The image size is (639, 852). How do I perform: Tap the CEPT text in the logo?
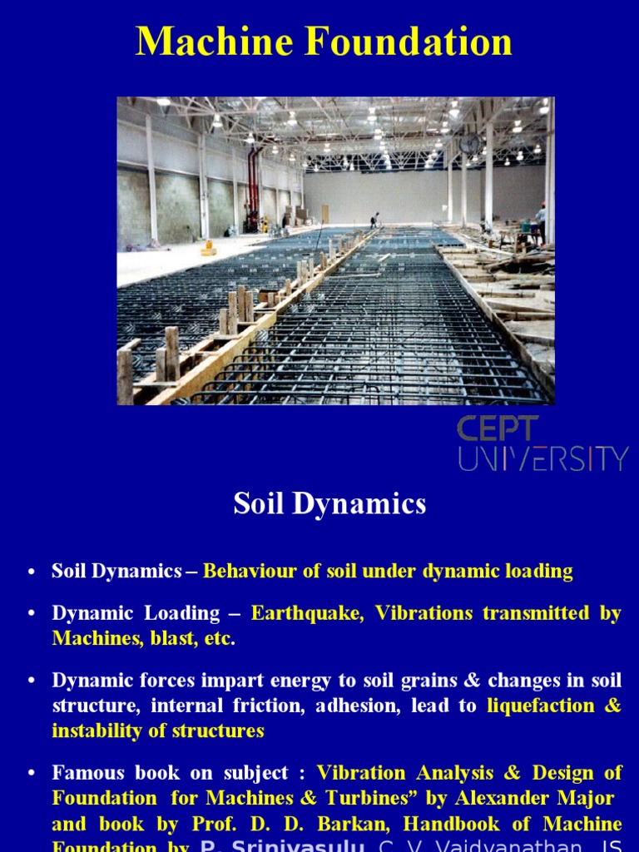(x=498, y=430)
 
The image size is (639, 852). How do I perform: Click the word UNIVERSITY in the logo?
(x=542, y=458)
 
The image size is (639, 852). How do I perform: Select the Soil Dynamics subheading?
(x=329, y=503)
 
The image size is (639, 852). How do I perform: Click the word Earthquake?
(x=307, y=613)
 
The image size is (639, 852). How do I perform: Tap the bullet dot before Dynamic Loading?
(x=32, y=614)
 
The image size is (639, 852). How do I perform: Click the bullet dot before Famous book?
(x=32, y=774)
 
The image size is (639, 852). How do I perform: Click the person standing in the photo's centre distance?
(x=375, y=220)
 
